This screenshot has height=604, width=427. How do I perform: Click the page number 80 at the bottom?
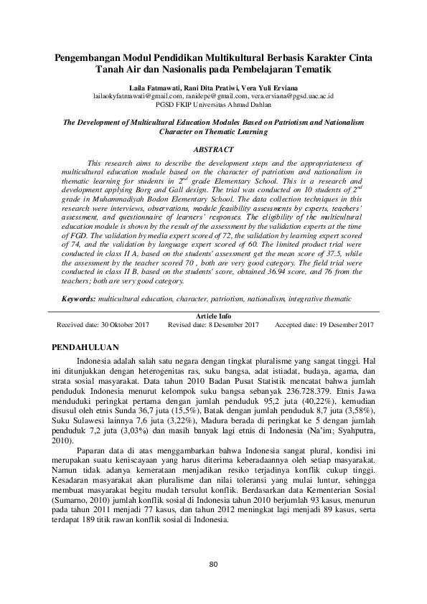[213, 563]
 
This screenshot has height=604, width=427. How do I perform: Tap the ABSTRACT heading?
[213, 149]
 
